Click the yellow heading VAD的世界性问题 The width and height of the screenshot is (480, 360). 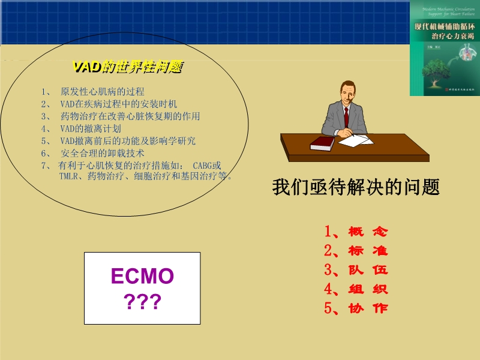tap(127, 67)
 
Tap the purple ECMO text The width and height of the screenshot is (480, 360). tap(142, 277)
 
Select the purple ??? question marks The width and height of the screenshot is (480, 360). tap(142, 302)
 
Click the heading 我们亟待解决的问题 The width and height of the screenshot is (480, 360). tap(356, 187)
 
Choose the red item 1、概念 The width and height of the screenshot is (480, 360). tap(356, 231)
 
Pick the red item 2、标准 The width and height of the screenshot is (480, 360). tap(356, 250)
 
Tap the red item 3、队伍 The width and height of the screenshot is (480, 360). tap(356, 269)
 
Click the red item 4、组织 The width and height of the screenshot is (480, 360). tap(356, 289)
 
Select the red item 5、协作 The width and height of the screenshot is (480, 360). tap(356, 308)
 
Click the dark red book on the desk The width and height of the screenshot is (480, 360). tap(322, 143)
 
